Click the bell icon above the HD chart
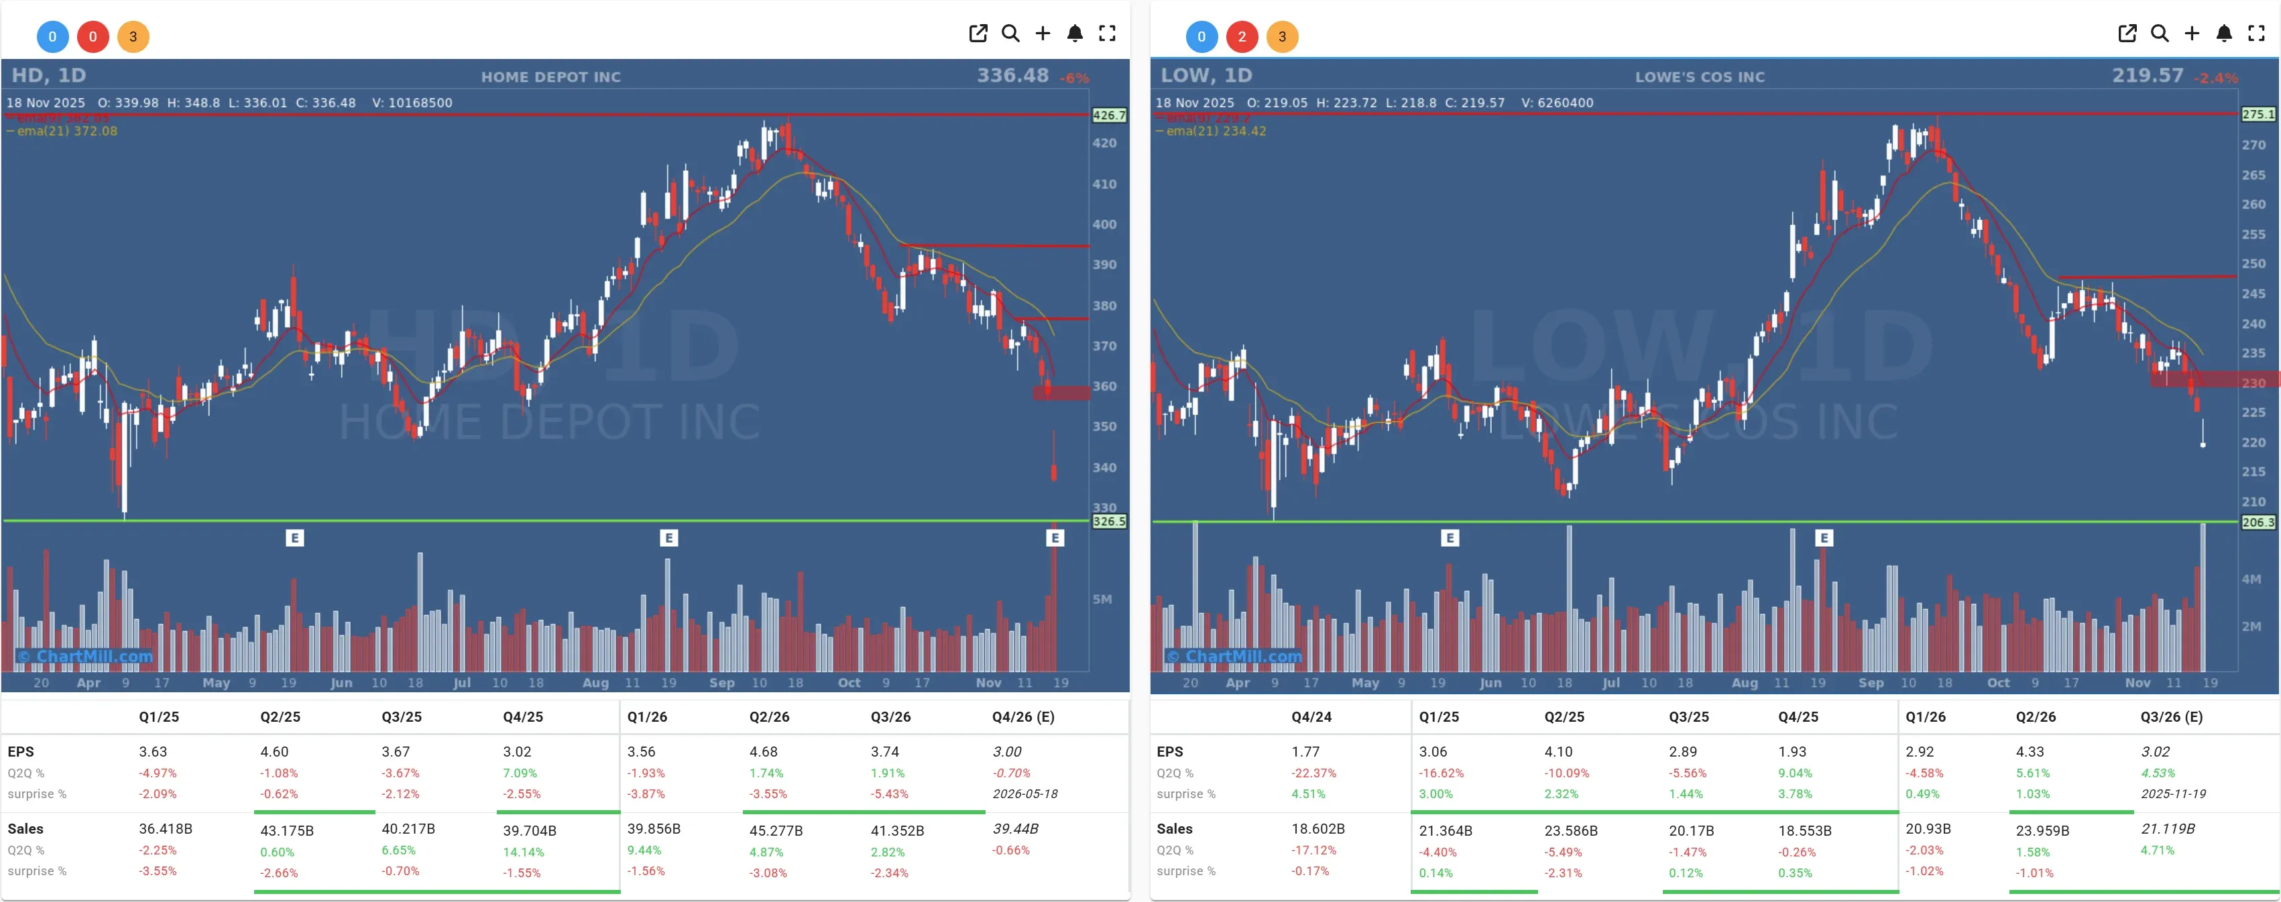click(x=1074, y=34)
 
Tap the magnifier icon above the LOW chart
click(x=2159, y=34)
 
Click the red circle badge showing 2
click(x=1242, y=36)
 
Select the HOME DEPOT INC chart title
click(x=550, y=77)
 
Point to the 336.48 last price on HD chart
click(x=1012, y=75)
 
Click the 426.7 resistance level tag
click(x=1108, y=115)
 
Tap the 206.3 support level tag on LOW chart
click(x=2257, y=522)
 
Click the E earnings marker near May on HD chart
click(x=295, y=537)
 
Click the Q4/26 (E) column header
click(x=1022, y=717)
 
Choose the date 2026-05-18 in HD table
click(x=1025, y=794)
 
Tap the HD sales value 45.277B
click(x=776, y=830)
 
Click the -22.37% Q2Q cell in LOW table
click(x=1313, y=773)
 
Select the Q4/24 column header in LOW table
click(x=1311, y=717)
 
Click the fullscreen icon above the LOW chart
click(x=2256, y=34)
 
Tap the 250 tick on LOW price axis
click(x=2253, y=264)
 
